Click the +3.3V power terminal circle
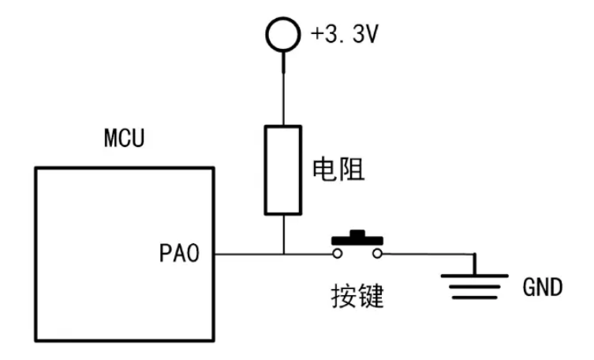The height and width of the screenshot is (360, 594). (283, 18)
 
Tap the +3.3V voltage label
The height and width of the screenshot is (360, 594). (345, 34)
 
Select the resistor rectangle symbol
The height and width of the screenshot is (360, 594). (265, 171)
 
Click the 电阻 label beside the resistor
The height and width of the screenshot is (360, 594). (338, 170)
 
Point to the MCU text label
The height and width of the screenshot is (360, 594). (125, 138)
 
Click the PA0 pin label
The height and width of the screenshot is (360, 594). (179, 253)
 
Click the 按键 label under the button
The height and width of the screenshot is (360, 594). (357, 295)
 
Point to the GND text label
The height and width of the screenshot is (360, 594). (543, 287)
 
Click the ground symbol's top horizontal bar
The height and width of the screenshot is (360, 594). (474, 276)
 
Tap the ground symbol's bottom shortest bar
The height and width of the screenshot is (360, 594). (474, 298)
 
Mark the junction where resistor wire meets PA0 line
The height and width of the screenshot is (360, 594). (283, 254)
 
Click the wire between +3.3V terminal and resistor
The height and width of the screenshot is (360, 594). (283, 88)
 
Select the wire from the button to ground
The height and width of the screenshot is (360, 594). (428, 254)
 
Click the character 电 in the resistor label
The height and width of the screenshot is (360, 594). (325, 170)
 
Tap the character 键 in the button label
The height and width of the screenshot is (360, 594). (371, 295)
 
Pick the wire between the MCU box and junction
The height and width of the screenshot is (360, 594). (248, 254)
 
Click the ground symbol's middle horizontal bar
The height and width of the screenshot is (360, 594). (474, 287)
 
